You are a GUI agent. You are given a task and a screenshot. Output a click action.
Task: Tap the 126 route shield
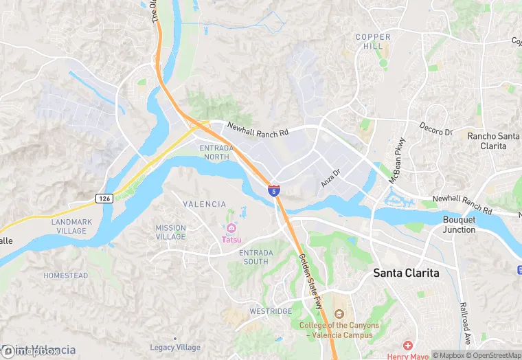point(104,199)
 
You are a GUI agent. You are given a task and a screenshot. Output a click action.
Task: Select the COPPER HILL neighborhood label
point(373,41)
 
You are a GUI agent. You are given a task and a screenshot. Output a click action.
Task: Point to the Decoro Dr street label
point(437,128)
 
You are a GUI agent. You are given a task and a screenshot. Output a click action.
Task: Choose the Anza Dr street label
point(331,179)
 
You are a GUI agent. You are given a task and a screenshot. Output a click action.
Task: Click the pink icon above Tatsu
point(231,228)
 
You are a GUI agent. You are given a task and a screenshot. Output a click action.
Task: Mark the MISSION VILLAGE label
point(170,232)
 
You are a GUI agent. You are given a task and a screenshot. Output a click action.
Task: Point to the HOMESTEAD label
point(66,275)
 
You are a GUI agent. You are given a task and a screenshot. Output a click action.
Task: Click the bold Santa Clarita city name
point(406,273)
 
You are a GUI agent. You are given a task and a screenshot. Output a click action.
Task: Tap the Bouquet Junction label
point(459,225)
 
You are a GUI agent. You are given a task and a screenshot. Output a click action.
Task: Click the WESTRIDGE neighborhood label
point(270,311)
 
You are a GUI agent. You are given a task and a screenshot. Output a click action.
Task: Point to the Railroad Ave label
point(466,322)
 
